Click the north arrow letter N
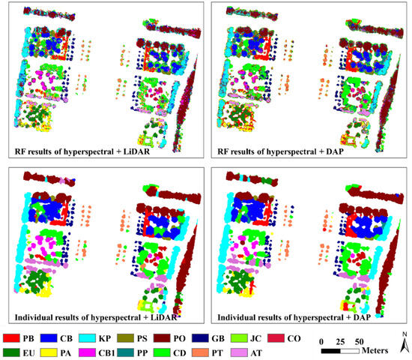pos(403,334)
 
